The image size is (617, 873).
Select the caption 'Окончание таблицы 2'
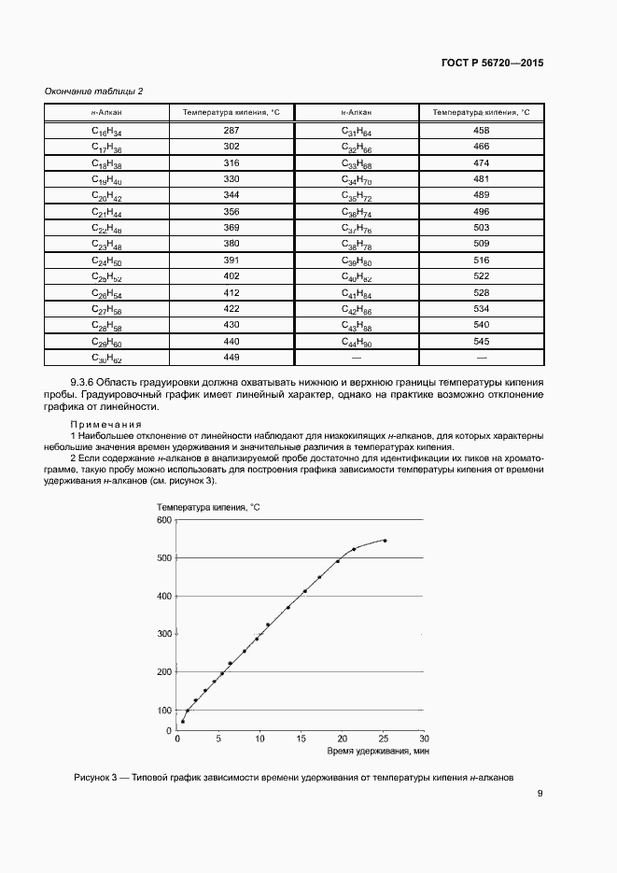point(94,91)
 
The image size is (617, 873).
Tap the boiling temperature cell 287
point(231,131)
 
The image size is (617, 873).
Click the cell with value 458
point(481,131)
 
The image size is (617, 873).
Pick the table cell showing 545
point(481,342)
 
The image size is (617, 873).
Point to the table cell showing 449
point(231,357)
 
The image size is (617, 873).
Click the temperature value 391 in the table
point(231,260)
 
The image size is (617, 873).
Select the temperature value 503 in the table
point(481,227)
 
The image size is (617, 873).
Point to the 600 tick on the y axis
point(164,519)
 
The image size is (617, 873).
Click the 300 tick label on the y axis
point(164,634)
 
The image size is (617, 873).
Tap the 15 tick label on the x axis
point(301,739)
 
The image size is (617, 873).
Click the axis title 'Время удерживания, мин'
point(377,751)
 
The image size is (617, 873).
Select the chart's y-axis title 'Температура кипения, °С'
point(208,506)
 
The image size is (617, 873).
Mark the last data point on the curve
point(385,541)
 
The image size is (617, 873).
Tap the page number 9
point(540,795)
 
